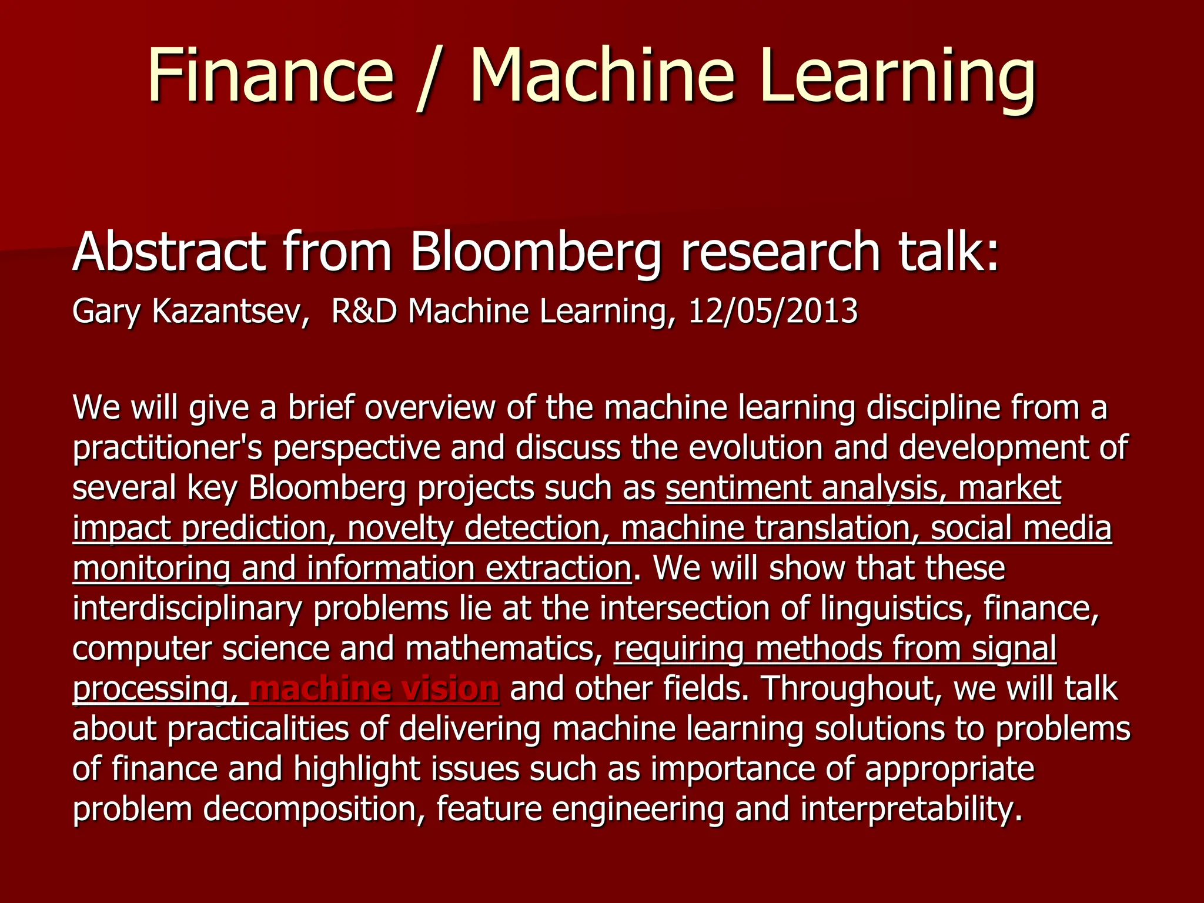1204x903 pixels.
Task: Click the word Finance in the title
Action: click(x=270, y=76)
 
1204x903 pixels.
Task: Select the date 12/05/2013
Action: click(x=772, y=311)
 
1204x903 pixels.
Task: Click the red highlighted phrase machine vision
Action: click(x=374, y=688)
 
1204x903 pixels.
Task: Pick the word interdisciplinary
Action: click(x=187, y=608)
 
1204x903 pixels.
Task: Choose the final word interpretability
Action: click(x=911, y=809)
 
